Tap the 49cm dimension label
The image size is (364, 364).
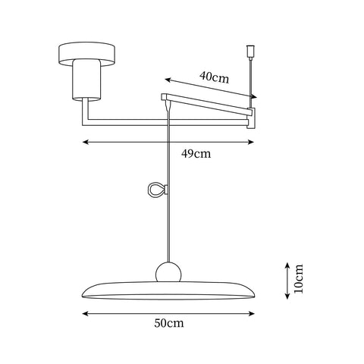(x=196, y=153)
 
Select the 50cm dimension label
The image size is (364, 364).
(x=168, y=323)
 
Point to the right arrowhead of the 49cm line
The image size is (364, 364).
(x=254, y=141)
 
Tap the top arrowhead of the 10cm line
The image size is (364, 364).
(x=286, y=262)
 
